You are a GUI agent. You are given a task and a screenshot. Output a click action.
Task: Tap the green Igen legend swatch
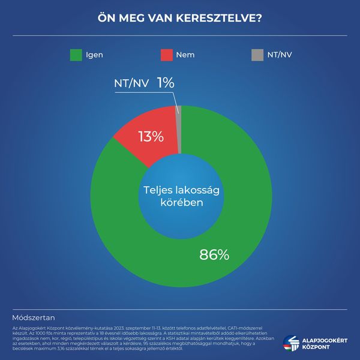(x=76, y=55)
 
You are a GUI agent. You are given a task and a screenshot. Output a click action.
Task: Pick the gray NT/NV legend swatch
(x=257, y=55)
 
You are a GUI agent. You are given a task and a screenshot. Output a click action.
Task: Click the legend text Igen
(x=95, y=55)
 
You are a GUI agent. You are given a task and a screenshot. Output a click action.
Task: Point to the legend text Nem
(x=185, y=55)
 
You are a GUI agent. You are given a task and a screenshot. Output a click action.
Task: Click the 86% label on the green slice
(x=214, y=254)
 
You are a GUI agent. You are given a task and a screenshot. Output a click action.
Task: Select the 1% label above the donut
(x=166, y=83)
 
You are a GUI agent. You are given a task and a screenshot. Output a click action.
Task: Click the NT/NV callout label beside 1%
(x=131, y=84)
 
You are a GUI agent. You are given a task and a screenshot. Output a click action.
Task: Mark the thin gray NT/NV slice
(x=178, y=129)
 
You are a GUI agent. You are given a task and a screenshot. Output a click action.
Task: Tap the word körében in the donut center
(x=180, y=204)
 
